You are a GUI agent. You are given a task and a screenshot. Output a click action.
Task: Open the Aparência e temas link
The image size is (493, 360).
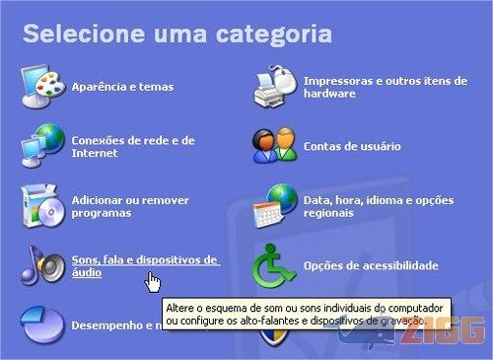click(x=122, y=87)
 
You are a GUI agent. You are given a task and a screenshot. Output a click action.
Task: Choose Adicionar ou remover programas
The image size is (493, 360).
click(x=117, y=205)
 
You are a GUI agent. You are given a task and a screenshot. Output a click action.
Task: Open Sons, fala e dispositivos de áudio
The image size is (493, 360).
click(x=144, y=264)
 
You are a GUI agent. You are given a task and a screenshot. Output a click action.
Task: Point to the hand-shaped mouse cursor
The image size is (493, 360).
click(x=152, y=283)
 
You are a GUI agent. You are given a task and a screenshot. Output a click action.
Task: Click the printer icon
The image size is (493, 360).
click(x=275, y=86)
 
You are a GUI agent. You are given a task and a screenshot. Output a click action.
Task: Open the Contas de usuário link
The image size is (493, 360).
click(x=352, y=146)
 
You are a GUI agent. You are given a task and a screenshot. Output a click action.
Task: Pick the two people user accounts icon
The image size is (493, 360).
click(x=274, y=145)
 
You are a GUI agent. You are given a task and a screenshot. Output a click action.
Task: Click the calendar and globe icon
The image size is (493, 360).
click(x=274, y=205)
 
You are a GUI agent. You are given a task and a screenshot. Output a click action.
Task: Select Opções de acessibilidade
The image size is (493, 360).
click(x=371, y=265)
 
